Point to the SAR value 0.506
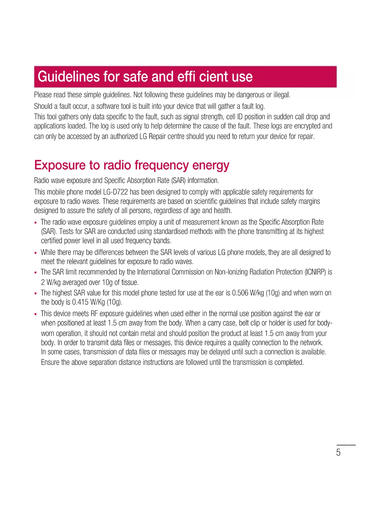240,293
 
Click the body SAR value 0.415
80,302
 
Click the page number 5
338,452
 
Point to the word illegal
282,95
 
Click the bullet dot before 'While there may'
36,253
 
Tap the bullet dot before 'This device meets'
36,314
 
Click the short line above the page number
346,445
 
